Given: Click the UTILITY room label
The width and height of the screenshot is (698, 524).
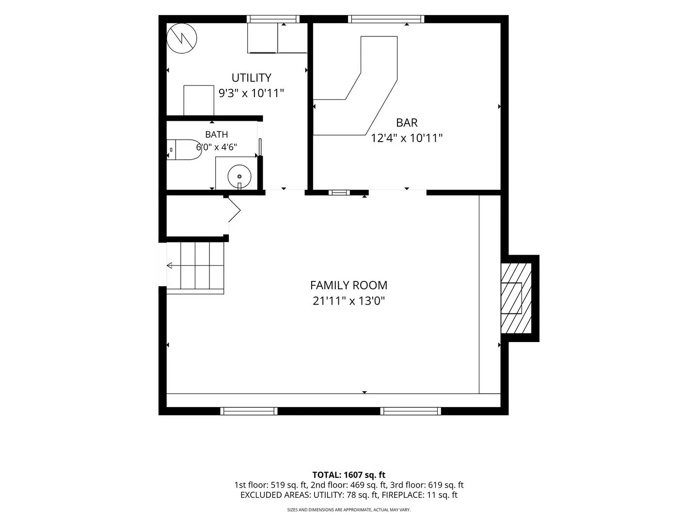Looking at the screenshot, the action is pos(251,78).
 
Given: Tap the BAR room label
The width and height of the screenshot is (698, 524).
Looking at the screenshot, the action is pos(407,122).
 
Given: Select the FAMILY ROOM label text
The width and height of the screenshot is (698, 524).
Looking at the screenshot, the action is pos(349,285).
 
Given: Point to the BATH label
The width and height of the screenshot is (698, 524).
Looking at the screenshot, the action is pos(217,134).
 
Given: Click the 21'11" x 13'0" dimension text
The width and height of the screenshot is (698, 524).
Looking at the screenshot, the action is pos(349,301).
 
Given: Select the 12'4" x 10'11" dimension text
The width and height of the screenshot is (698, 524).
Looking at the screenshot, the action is pos(407,138).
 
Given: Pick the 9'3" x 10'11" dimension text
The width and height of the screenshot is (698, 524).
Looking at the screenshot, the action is pos(251,93).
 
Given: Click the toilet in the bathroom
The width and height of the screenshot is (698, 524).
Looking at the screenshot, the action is pos(184,149).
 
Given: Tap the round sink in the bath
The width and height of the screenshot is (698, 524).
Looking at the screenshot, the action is pos(239,176).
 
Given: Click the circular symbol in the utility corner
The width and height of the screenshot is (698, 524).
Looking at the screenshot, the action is pos(182,38).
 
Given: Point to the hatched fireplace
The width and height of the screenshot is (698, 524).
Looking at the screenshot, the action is pos(516,298).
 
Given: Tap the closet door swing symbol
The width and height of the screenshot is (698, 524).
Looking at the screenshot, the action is pos(234,210).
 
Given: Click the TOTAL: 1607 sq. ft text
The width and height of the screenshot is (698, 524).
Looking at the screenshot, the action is pos(349,475).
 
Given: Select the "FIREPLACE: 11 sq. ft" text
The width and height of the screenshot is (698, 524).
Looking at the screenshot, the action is pos(419,495).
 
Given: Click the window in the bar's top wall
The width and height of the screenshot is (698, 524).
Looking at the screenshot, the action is pos(386,19).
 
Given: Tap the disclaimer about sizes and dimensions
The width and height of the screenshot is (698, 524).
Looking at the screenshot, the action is pos(349,509).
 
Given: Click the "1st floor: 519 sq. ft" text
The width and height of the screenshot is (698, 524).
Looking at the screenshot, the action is pos(271,485).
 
